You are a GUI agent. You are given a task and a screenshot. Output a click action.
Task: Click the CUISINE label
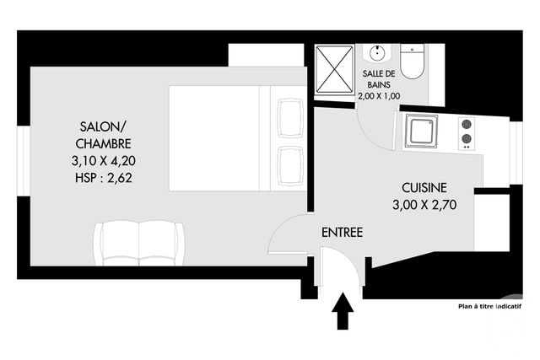point(424,188)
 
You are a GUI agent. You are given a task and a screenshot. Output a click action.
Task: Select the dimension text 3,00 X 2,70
point(424,204)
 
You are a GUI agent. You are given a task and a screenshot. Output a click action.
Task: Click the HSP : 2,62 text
point(103,177)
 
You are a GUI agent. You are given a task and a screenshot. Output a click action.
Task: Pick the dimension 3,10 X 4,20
point(103,160)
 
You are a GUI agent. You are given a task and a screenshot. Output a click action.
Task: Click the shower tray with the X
point(335,70)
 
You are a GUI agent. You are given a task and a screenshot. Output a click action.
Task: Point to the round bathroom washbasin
point(375,53)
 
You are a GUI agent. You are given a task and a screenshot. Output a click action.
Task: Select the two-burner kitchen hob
point(465,133)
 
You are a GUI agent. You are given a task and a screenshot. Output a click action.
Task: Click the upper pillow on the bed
point(289,116)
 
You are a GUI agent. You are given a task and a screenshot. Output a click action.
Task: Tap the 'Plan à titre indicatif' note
point(489,307)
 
